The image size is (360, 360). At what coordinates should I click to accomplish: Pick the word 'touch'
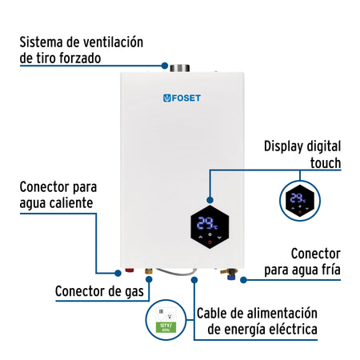point(323,162)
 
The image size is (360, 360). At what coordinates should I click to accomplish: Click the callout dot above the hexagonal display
point(210,199)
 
